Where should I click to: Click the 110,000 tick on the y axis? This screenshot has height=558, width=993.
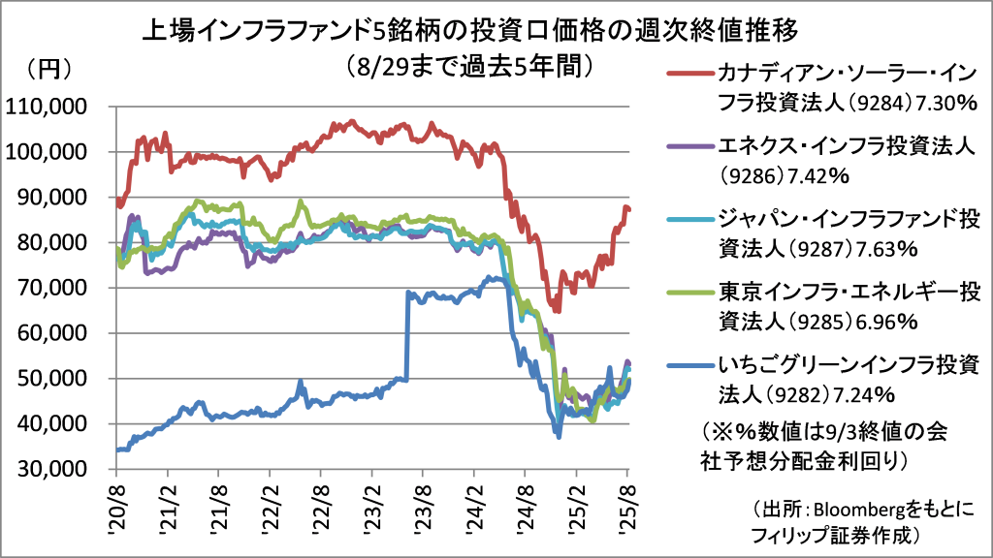pos(58,107)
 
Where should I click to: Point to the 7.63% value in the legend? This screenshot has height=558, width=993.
pos(883,249)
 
